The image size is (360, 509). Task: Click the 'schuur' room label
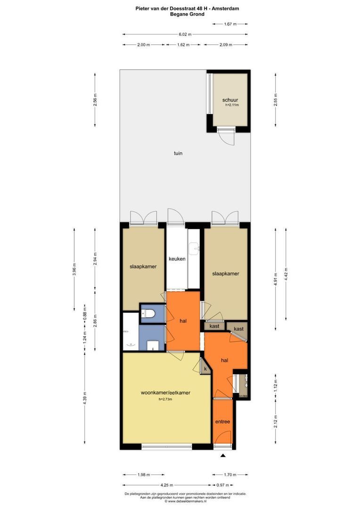point(230,100)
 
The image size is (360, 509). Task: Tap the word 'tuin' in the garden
point(178,153)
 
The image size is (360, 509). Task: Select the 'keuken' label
point(177,259)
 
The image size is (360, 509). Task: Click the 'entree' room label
point(222,421)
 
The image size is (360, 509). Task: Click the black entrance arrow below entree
point(223,456)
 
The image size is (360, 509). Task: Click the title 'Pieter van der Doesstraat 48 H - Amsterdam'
point(180,8)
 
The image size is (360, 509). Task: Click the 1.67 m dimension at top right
point(230,24)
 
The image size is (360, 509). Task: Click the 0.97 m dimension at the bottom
point(223,485)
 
